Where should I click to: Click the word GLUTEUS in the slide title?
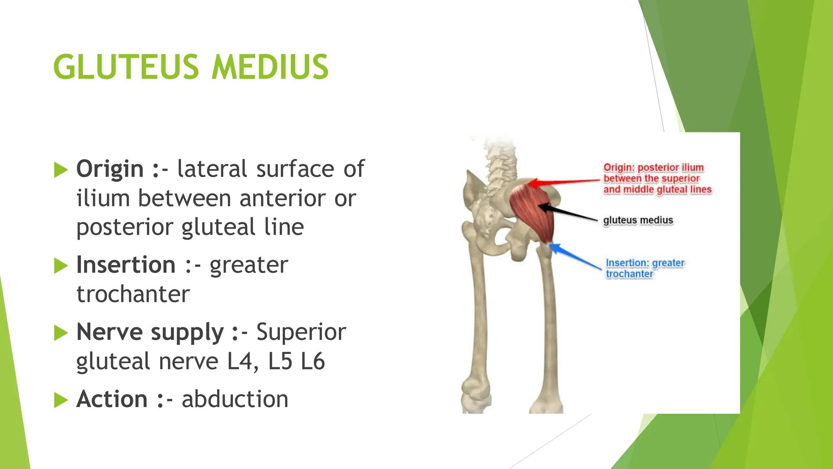(126, 67)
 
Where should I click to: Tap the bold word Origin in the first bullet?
(110, 169)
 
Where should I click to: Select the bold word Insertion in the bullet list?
(126, 265)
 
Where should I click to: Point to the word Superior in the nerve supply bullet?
(301, 332)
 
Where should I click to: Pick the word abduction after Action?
(235, 399)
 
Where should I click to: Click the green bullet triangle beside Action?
(61, 400)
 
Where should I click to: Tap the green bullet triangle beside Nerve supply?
(61, 333)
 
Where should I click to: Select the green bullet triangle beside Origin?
(61, 170)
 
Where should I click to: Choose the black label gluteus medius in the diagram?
(638, 220)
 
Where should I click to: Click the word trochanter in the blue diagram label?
(629, 274)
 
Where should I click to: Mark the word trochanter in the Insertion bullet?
(133, 294)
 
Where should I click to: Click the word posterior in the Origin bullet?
(124, 227)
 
